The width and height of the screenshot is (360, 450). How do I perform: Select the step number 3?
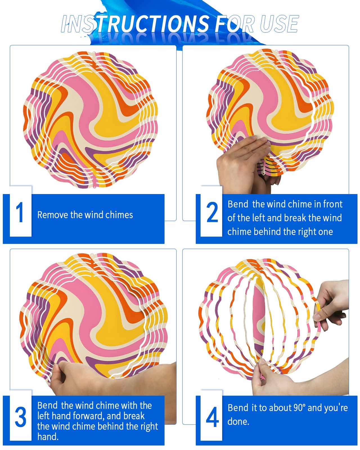click(x=21, y=417)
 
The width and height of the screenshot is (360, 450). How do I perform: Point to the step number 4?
click(x=212, y=417)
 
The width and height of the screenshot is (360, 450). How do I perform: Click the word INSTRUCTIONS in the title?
click(x=135, y=24)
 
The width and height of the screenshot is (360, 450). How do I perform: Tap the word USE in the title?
click(x=279, y=24)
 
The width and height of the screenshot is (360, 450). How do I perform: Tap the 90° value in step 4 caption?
click(x=300, y=408)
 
